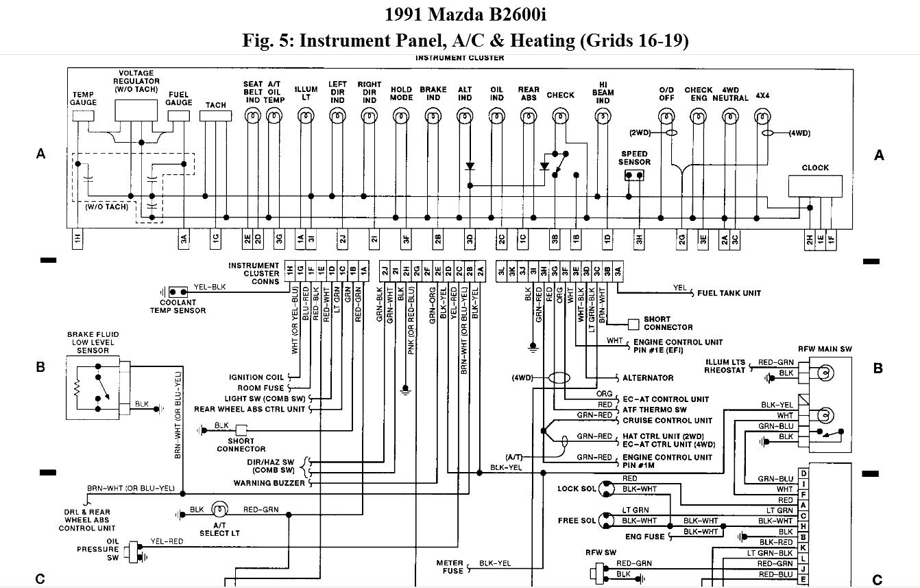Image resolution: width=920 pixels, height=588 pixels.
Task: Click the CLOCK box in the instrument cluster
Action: [815, 186]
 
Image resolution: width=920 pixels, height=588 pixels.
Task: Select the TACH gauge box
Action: [215, 115]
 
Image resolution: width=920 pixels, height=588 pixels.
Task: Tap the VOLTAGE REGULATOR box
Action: [136, 110]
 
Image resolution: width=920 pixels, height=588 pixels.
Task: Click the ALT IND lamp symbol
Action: [465, 117]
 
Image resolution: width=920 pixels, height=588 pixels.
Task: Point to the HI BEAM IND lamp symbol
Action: [603, 117]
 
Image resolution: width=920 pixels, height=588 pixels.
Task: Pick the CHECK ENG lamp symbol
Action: [698, 117]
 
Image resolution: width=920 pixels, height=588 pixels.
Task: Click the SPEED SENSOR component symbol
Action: [634, 176]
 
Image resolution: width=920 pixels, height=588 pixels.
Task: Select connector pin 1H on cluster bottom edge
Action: [77, 239]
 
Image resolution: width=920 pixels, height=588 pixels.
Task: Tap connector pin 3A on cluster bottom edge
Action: [183, 239]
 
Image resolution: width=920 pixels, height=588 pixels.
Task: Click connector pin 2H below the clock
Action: [810, 239]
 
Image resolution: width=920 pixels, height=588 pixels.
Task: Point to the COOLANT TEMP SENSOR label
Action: [178, 306]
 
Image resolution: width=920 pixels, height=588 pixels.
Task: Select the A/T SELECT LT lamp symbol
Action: [219, 510]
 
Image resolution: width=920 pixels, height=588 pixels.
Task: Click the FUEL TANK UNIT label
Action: [729, 293]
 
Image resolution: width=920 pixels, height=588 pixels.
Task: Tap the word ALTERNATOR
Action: [648, 378]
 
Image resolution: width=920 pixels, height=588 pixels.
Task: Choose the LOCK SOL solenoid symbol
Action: [605, 489]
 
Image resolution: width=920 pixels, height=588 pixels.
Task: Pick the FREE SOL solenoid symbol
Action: [605, 521]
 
